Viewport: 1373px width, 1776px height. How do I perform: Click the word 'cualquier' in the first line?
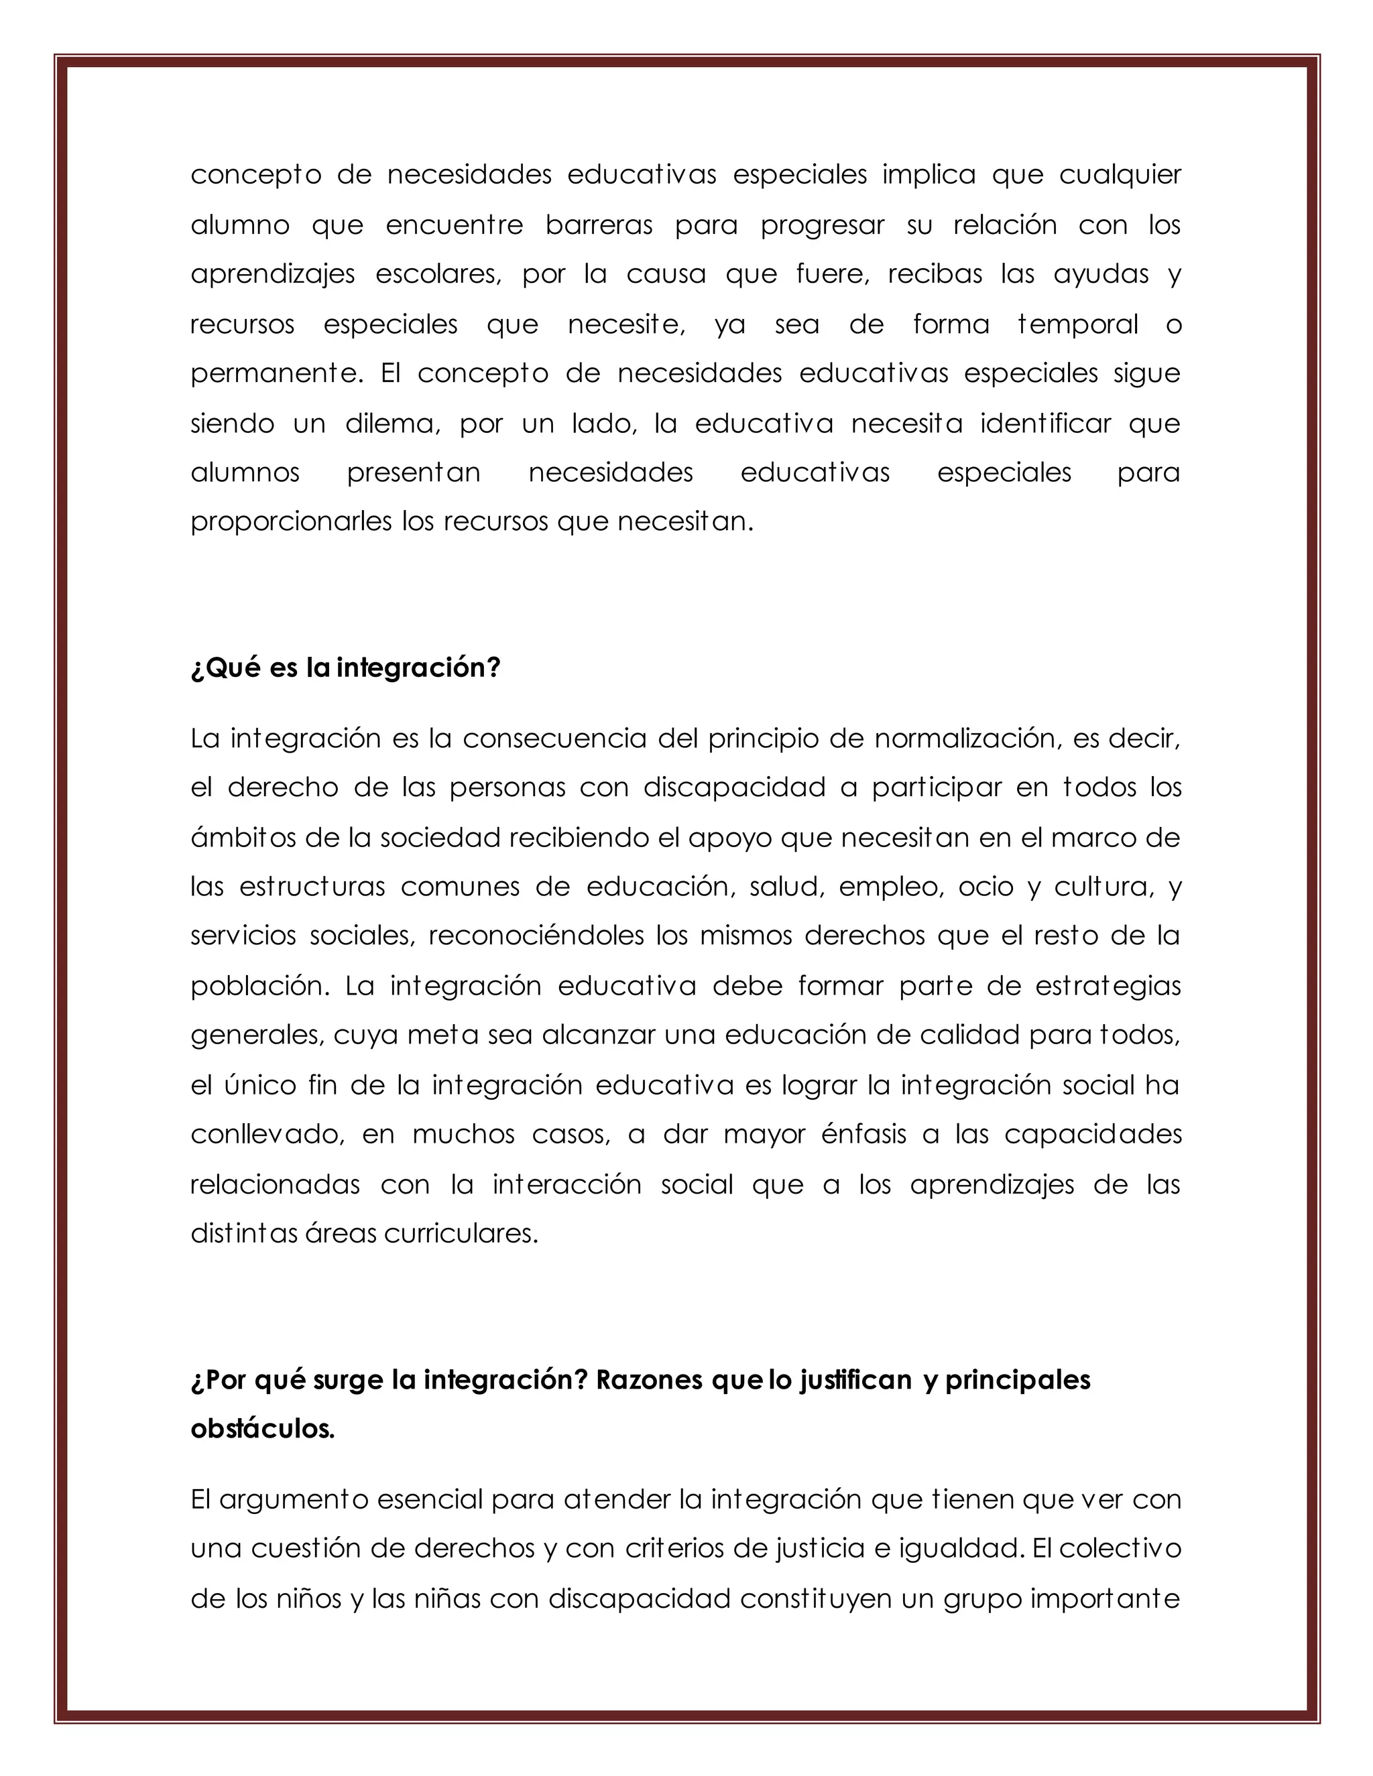click(1119, 176)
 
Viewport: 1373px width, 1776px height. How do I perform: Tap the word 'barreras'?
click(599, 225)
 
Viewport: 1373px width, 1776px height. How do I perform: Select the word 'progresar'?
click(821, 225)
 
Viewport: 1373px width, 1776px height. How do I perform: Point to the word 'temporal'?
click(1078, 324)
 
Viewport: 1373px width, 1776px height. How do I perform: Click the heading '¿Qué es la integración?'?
click(345, 668)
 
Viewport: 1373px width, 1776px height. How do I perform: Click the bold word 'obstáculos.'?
click(263, 1429)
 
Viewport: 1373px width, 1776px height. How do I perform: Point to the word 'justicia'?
click(817, 1549)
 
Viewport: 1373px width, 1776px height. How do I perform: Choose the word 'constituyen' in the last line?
click(816, 1598)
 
